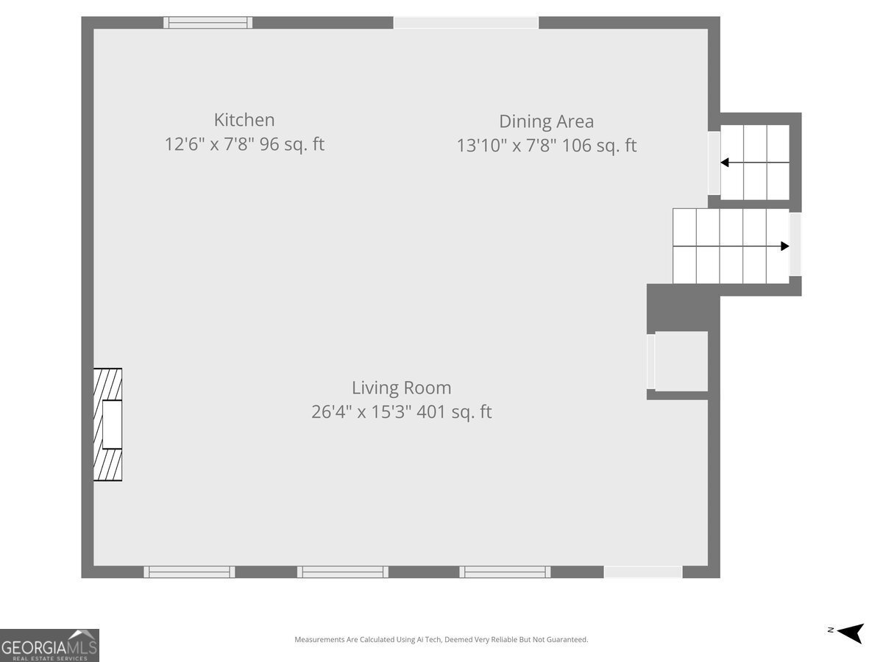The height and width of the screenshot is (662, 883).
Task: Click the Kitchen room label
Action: click(x=244, y=120)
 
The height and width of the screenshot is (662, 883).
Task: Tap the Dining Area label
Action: click(x=546, y=121)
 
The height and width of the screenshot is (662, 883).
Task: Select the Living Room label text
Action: click(x=402, y=388)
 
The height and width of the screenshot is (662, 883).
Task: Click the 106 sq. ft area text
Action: click(x=599, y=146)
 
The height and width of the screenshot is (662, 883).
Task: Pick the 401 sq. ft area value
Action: click(x=454, y=412)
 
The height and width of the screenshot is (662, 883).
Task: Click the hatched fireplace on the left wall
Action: click(x=107, y=424)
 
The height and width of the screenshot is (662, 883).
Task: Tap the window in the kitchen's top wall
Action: click(x=208, y=23)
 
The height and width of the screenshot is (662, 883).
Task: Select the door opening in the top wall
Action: click(x=466, y=23)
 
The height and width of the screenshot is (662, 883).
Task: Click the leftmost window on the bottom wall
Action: click(x=189, y=572)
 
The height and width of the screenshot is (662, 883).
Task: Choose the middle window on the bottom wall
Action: click(x=343, y=572)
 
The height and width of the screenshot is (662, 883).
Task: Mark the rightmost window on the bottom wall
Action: click(x=505, y=572)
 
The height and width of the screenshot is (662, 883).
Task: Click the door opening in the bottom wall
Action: click(x=643, y=572)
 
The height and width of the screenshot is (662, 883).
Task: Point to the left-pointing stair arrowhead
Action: click(x=725, y=163)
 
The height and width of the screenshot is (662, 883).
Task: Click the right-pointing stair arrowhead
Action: click(x=785, y=246)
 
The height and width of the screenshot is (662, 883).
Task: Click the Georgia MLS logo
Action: click(x=49, y=646)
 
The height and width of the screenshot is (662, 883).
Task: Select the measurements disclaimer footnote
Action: click(x=441, y=639)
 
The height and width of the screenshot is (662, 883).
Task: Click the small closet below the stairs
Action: click(x=681, y=361)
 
